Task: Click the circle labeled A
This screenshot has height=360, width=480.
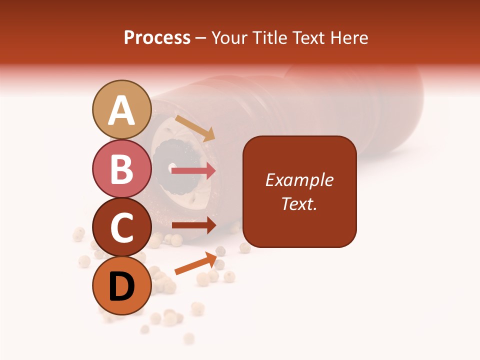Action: (x=121, y=109)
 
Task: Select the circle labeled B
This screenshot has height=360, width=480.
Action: (x=121, y=168)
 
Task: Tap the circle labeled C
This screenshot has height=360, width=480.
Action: (x=121, y=227)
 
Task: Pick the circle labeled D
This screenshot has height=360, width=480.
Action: (x=121, y=285)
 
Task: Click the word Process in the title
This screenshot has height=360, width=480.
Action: (x=157, y=37)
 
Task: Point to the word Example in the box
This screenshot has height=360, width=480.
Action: (x=299, y=180)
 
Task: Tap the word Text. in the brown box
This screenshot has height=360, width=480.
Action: (x=299, y=203)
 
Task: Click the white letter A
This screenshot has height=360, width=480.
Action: (x=121, y=110)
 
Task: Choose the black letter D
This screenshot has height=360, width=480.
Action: (x=121, y=287)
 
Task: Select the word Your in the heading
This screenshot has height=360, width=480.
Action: (x=229, y=37)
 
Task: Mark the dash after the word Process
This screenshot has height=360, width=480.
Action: (x=200, y=38)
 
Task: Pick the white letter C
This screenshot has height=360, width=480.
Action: (x=121, y=228)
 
